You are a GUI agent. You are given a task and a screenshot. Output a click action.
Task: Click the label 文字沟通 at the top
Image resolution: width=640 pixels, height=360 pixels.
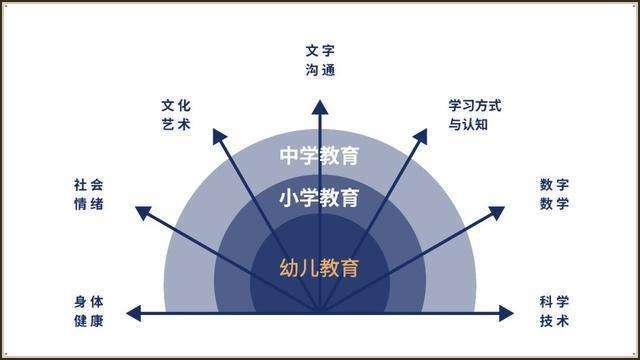click(x=319, y=60)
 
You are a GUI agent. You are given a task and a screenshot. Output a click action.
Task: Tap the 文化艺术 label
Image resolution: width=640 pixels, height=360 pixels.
click(x=175, y=114)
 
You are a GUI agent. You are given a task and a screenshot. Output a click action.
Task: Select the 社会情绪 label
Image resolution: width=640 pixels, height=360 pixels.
click(x=88, y=194)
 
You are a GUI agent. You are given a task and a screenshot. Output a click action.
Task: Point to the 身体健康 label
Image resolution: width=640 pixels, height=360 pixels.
click(x=88, y=310)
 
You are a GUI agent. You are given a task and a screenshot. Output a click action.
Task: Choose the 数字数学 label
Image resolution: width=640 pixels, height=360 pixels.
click(x=554, y=194)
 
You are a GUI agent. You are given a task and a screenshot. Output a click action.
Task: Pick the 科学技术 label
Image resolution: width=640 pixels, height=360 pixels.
click(x=554, y=310)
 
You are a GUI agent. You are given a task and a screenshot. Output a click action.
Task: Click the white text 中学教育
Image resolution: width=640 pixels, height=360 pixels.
click(x=319, y=156)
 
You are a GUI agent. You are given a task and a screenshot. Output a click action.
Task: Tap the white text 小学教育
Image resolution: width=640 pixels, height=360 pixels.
click(x=319, y=197)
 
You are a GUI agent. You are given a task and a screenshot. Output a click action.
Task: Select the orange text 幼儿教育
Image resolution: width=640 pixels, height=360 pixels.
click(x=319, y=268)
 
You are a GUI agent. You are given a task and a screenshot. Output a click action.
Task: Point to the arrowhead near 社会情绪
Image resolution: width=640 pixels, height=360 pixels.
click(x=140, y=212)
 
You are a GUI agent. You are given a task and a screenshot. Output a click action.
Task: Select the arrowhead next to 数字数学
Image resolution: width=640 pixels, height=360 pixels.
click(x=499, y=212)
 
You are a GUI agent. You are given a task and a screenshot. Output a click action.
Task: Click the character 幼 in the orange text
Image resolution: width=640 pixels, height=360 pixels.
click(x=289, y=268)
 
